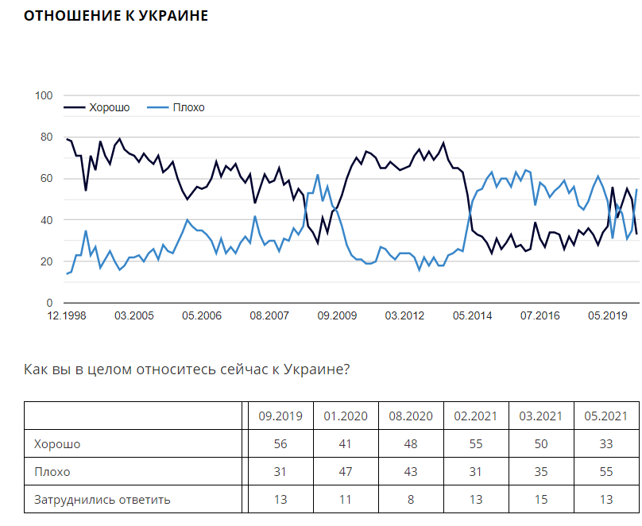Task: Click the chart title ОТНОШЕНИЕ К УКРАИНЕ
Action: [x=116, y=16]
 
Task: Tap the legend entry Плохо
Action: [x=188, y=107]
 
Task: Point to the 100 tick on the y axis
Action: [x=44, y=96]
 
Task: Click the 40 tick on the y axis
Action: [x=46, y=220]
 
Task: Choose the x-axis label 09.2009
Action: [x=337, y=315]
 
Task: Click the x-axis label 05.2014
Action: [x=472, y=315]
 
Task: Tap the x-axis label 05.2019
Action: [x=607, y=315]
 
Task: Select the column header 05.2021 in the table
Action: [x=607, y=416]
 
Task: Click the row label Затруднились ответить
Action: [x=102, y=500]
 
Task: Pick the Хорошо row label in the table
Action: [x=57, y=444]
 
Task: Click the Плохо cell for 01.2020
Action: [x=345, y=472]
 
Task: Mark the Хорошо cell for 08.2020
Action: [x=411, y=444]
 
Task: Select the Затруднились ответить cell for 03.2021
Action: [x=540, y=500]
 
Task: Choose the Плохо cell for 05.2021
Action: [x=607, y=472]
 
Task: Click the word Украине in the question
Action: [x=316, y=370]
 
